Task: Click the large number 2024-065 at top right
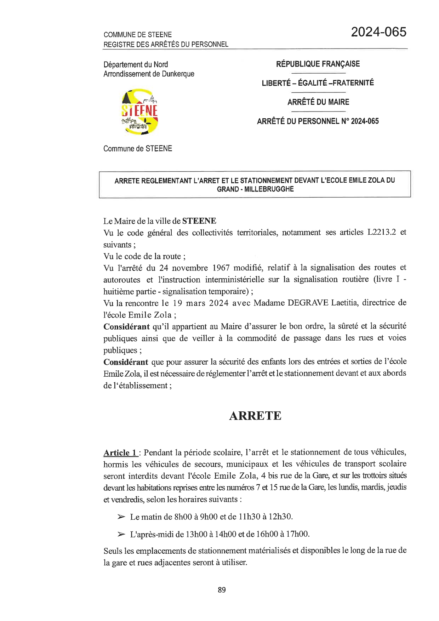coord(378,32)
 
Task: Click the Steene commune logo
coord(140,112)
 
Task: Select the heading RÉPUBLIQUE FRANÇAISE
coord(318,64)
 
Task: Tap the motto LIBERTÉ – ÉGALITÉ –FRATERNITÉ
coord(318,83)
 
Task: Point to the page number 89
coord(222,590)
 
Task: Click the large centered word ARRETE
coord(255,416)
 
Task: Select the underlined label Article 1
coord(120,452)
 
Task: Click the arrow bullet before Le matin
coord(121,517)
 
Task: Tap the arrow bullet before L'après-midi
coord(121,534)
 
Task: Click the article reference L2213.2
coord(382,232)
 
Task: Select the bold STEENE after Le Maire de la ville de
coord(199,221)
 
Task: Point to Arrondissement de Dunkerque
coord(149,74)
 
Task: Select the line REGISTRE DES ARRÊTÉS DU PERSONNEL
coord(166,44)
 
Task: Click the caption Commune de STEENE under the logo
coord(138,149)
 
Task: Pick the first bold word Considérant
coord(126,326)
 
